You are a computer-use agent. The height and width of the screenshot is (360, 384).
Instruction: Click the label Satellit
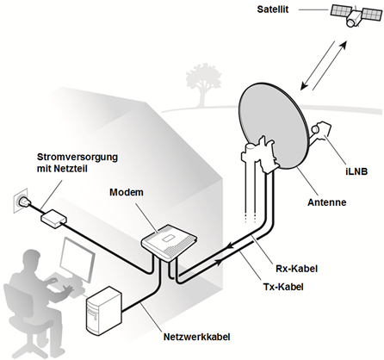tap(273, 9)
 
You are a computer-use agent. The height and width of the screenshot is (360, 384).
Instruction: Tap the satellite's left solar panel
tap(342, 11)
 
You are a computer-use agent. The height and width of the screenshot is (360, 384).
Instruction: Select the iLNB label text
tap(356, 171)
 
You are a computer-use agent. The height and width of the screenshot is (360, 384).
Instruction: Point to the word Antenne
tap(327, 202)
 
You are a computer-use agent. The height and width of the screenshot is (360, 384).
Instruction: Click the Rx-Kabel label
tap(297, 269)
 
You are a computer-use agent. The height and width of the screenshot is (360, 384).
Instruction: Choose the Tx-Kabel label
tap(283, 287)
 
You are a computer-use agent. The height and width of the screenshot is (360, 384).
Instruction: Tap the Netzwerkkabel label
tap(197, 337)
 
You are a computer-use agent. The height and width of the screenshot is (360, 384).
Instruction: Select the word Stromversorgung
tap(77, 157)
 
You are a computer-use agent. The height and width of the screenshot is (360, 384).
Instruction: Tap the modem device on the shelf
tap(170, 241)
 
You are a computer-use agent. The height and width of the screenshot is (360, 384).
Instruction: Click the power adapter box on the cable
tap(54, 218)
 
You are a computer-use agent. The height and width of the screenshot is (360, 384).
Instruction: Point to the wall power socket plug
tap(22, 202)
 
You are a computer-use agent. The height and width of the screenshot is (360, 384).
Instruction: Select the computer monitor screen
tap(77, 259)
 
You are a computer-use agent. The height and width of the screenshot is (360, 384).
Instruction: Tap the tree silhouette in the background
tap(202, 83)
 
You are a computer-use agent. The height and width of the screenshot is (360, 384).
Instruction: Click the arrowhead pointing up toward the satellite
tap(344, 45)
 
